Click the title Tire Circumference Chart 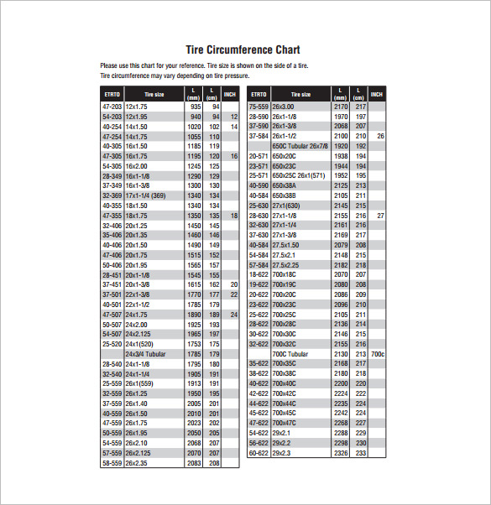point(242,49)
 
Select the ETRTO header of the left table point(112,95)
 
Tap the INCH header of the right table point(377,94)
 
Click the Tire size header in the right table point(300,95)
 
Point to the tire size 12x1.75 point(136,107)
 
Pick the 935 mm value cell point(195,107)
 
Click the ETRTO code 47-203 point(112,107)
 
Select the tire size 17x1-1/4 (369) point(146,195)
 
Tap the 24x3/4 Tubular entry point(147,355)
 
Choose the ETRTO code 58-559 point(112,462)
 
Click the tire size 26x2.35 point(136,462)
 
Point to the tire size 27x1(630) point(286,206)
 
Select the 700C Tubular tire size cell point(290,354)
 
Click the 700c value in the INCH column point(378,354)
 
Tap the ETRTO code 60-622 point(259,453)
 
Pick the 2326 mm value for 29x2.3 point(340,453)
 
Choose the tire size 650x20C point(284,156)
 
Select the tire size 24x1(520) point(139,345)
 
